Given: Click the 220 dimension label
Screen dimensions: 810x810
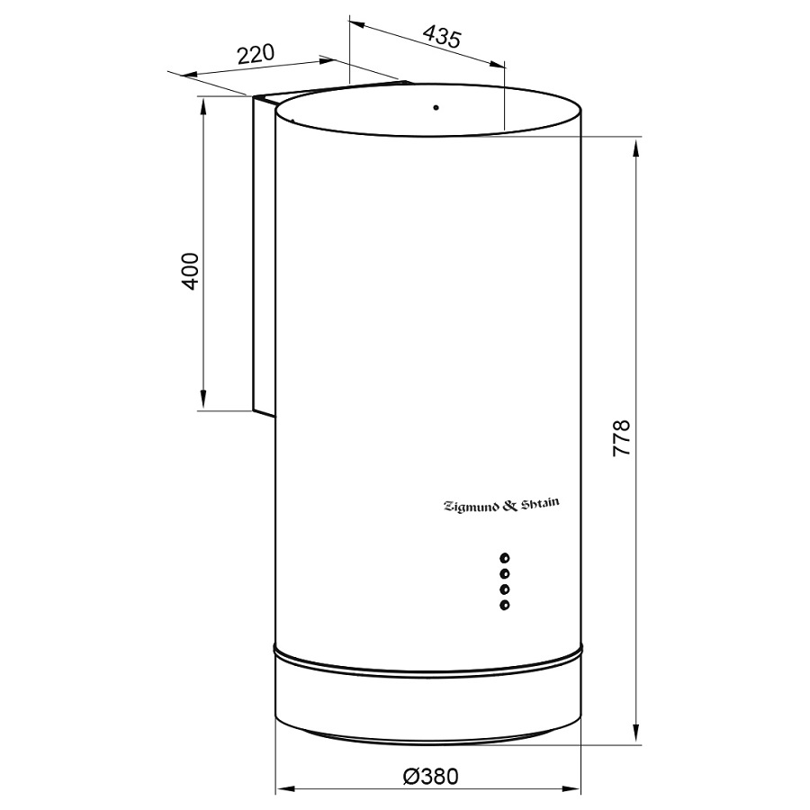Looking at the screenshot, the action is click(256, 54).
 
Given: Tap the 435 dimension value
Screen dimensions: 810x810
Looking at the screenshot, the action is click(442, 37).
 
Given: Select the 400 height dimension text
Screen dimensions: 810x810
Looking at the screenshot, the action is click(190, 271).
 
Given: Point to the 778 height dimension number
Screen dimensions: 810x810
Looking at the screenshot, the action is click(621, 437).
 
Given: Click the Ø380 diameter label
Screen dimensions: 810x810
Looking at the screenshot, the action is click(430, 777).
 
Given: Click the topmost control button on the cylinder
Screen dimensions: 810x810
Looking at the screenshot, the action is click(505, 558).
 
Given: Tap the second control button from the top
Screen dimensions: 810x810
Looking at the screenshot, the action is click(505, 573).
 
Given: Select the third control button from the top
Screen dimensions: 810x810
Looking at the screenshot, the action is click(505, 589).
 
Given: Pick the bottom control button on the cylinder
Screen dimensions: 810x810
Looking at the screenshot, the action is click(505, 605).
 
